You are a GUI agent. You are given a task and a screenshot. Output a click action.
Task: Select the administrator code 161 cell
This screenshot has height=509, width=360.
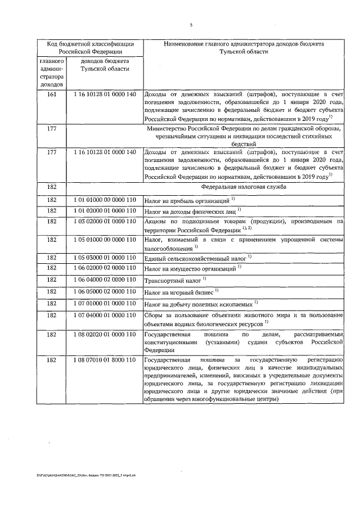click(x=52, y=94)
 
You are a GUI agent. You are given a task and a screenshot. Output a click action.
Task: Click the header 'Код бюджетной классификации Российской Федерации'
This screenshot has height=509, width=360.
click(x=90, y=47)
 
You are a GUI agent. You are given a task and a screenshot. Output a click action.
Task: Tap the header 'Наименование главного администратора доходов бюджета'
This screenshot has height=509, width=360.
click(x=244, y=47)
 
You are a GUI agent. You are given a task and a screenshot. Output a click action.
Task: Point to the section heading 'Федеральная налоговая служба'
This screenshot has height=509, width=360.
click(x=244, y=186)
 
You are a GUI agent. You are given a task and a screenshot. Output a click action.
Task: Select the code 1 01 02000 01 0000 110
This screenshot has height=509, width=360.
click(x=105, y=210)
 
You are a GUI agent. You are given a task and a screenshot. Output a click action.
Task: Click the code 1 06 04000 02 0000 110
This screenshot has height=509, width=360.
click(x=105, y=280)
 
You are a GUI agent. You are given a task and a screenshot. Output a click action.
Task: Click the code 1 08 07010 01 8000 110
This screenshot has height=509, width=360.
click(x=105, y=359)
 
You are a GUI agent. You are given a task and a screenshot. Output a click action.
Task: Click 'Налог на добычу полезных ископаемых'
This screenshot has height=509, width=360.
click(x=198, y=304)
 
